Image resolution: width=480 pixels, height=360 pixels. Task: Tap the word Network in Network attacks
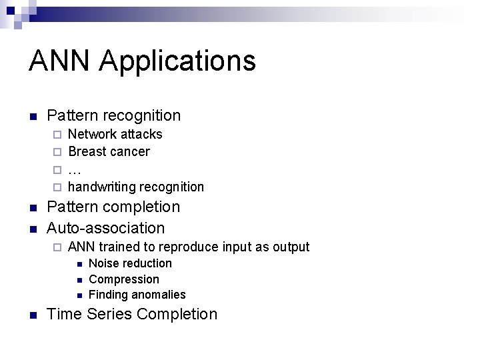tap(92, 134)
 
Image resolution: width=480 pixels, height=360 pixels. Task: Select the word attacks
tap(141, 134)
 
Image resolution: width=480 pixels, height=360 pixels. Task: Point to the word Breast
tap(87, 152)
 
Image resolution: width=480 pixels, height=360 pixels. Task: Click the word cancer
tap(129, 152)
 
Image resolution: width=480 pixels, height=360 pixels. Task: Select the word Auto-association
tap(105, 228)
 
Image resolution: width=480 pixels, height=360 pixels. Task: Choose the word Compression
tap(124, 279)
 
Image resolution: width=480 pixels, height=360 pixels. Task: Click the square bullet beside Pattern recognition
tap(33, 116)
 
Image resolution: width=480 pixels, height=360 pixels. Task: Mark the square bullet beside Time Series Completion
tap(33, 315)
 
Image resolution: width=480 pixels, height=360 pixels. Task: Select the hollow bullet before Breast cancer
tap(57, 152)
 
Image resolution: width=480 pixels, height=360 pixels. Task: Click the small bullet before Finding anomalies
tap(79, 295)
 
